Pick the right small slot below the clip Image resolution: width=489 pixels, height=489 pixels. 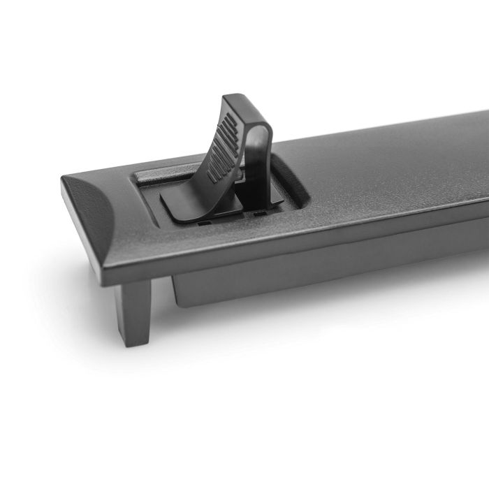point(259,210)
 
